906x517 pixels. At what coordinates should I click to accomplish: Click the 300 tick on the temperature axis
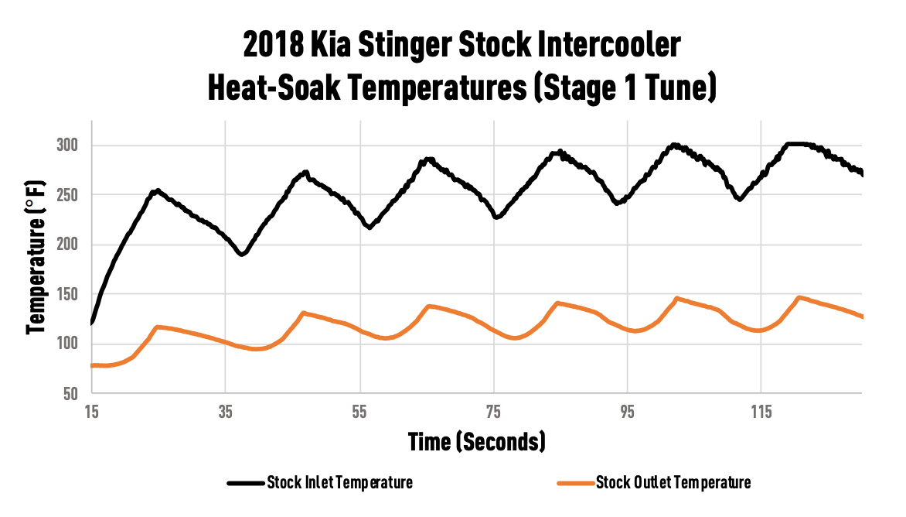point(67,146)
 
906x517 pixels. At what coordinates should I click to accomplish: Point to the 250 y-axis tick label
point(67,195)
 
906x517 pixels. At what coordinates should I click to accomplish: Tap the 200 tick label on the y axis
point(67,245)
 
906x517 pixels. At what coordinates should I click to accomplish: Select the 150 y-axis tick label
point(67,294)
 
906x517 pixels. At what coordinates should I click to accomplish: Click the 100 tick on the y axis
point(67,344)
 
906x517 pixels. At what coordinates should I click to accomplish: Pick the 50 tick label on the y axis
point(70,394)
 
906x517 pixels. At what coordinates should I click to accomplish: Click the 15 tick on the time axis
point(91,412)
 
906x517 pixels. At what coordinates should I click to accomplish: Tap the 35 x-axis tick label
point(226,412)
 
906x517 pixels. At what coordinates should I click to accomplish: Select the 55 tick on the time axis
point(359,412)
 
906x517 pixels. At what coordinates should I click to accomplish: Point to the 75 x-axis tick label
point(493,412)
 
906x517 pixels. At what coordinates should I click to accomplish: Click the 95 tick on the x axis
point(628,412)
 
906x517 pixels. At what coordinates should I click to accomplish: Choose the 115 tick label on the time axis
point(761,412)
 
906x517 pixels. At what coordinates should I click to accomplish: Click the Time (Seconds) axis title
point(477,442)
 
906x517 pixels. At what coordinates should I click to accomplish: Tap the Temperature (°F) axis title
point(36,258)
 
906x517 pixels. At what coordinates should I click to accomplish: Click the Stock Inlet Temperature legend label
point(340,482)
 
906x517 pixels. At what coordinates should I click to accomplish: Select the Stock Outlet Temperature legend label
point(673,482)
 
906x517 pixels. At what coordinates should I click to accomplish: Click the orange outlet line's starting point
point(92,365)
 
